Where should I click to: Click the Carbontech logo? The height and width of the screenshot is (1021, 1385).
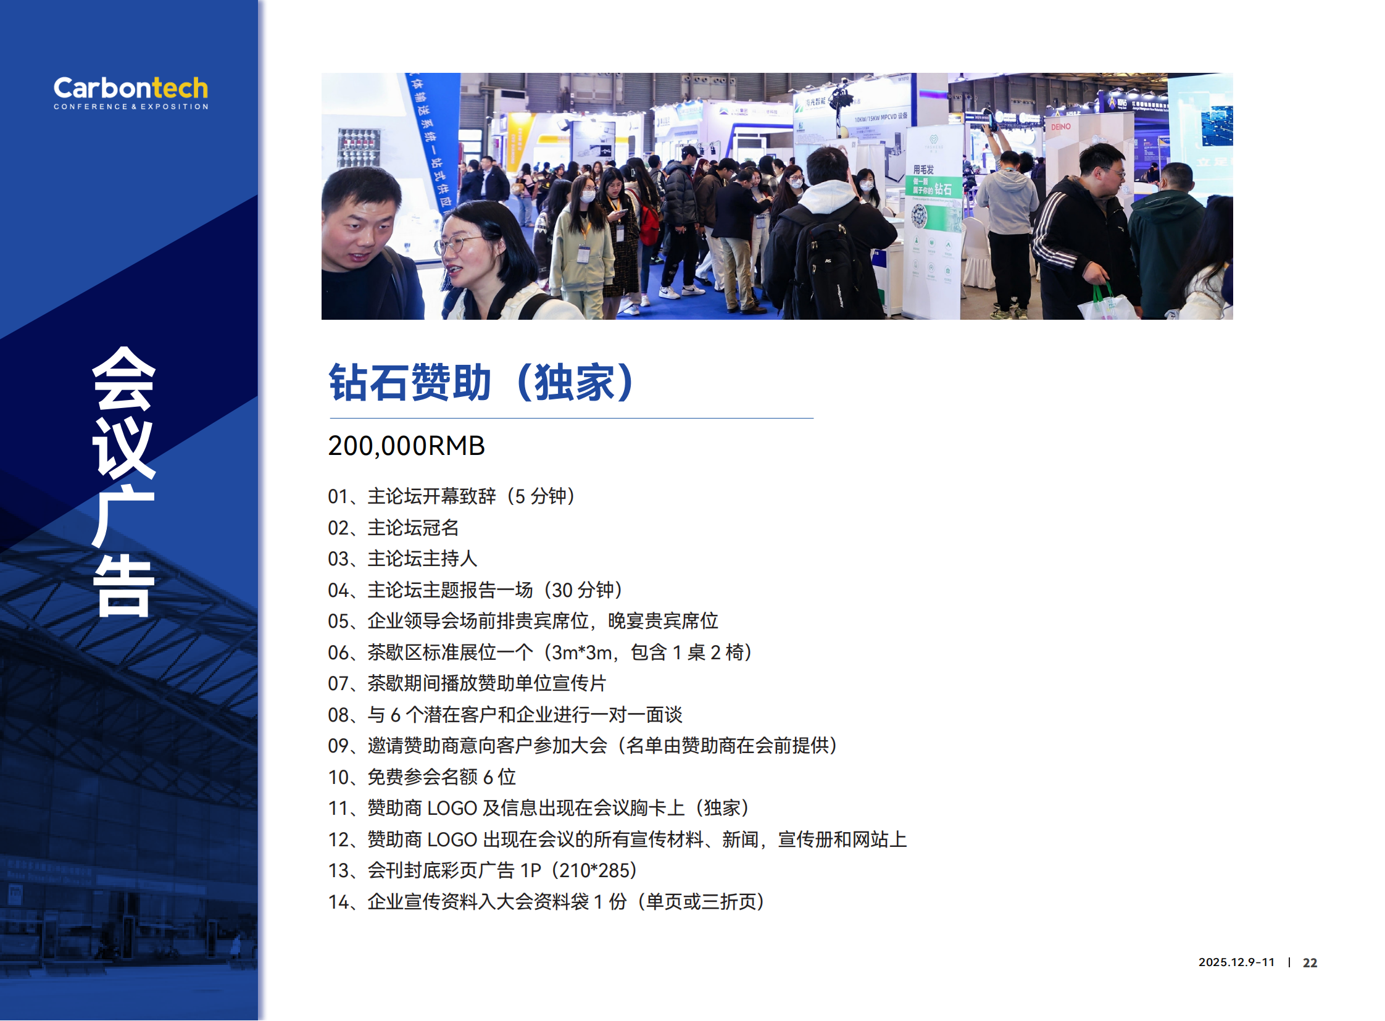130,93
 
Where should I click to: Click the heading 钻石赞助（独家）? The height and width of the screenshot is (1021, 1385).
481,383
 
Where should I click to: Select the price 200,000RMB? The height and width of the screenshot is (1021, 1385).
406,446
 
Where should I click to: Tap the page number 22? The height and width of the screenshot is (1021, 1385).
1310,962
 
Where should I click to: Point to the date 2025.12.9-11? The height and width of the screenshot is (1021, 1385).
1236,962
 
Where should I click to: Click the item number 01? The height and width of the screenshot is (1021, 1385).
338,496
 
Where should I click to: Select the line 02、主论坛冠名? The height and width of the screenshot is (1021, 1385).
394,528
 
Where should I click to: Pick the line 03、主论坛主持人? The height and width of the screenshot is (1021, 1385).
402,559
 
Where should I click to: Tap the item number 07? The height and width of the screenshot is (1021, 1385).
338,683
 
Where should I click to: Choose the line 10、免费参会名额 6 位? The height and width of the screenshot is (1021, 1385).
422,777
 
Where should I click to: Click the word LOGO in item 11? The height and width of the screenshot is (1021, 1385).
452,808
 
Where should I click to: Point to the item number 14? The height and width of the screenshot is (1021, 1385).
338,902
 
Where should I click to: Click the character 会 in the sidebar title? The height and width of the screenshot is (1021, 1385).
123,378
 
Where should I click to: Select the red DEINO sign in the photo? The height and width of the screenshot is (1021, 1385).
1060,127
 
